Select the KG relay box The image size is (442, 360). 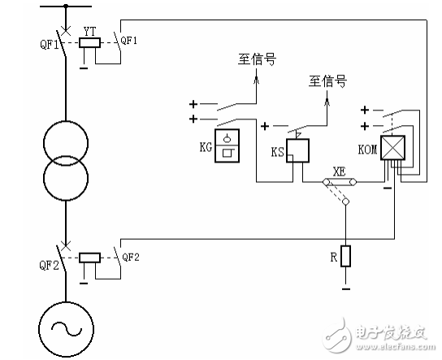pyautogui.click(x=231, y=145)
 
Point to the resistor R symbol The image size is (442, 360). pyautogui.click(x=345, y=256)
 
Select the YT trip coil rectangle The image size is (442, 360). pyautogui.click(x=90, y=43)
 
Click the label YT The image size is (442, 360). pyautogui.click(x=90, y=30)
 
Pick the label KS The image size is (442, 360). pyautogui.click(x=276, y=152)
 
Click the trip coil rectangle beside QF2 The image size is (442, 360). pyautogui.click(x=90, y=258)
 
